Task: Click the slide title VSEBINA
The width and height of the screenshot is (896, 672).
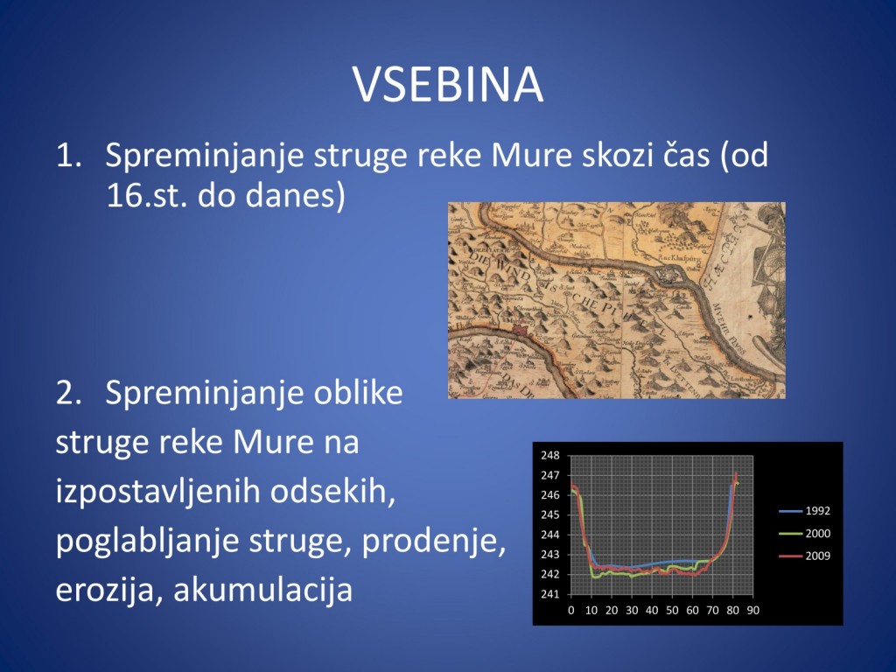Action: tap(448, 85)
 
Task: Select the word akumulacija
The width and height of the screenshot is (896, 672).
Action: tap(262, 590)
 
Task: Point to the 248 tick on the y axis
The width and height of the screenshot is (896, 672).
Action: tap(550, 456)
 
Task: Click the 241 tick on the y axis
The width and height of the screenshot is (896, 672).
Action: tap(550, 594)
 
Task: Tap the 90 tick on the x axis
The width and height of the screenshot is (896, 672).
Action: tap(753, 610)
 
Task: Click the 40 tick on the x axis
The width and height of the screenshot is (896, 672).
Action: tap(652, 610)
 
